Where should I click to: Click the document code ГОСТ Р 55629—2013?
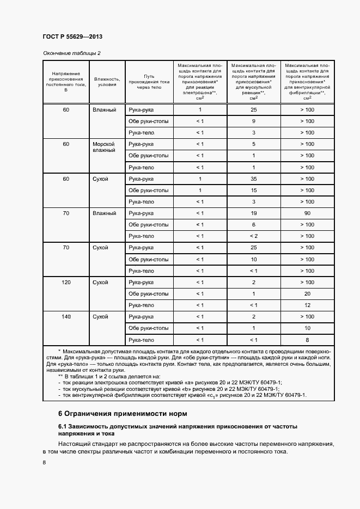click(x=72, y=36)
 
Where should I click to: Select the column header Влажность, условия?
click(x=107, y=82)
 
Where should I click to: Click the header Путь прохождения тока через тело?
click(x=150, y=82)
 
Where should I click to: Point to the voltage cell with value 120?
click(x=66, y=283)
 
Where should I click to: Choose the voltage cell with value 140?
click(x=66, y=317)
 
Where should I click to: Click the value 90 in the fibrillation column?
click(x=307, y=213)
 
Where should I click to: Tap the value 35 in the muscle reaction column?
click(x=254, y=179)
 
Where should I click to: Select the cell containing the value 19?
click(x=254, y=213)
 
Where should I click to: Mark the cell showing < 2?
click(x=254, y=236)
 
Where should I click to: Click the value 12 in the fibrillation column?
click(x=307, y=305)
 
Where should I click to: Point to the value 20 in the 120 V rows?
click(x=307, y=294)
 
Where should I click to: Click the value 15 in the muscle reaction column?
click(x=254, y=191)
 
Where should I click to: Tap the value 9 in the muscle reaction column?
click(x=254, y=121)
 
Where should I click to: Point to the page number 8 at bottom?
click(x=44, y=462)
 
